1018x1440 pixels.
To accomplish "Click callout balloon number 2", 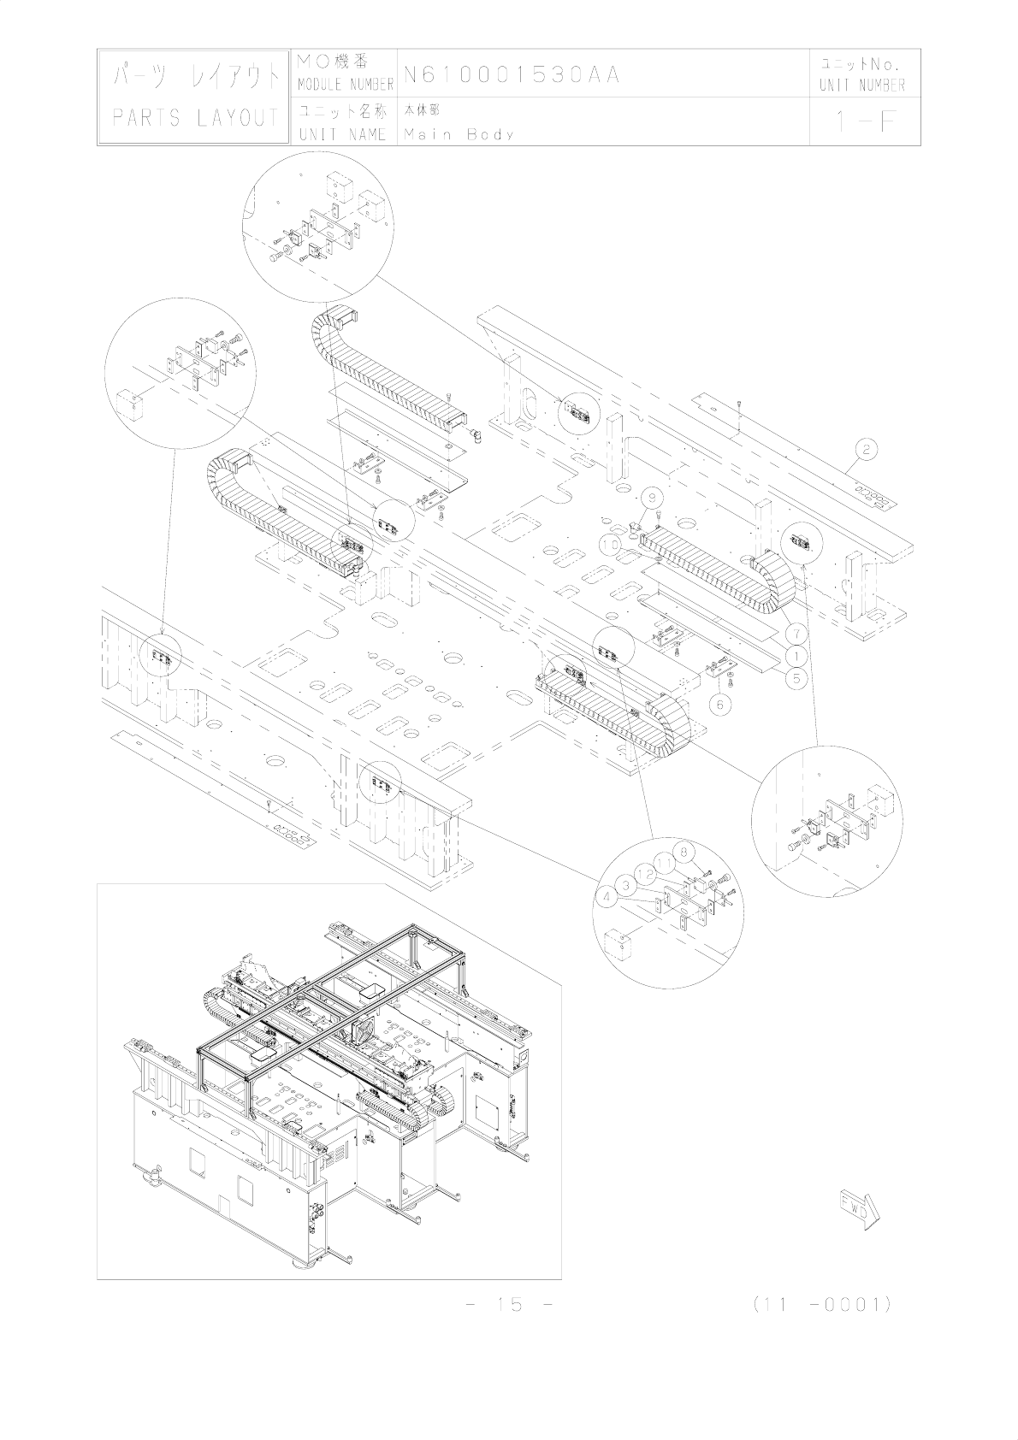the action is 866,448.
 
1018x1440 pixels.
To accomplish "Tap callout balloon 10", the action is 610,544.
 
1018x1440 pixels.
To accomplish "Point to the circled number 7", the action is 796,634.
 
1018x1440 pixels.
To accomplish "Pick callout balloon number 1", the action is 796,655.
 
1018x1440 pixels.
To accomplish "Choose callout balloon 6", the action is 721,705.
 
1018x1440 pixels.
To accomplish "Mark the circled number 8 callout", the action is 683,852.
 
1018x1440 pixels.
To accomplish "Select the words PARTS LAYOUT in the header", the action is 196,119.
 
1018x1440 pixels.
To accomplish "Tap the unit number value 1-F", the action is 865,122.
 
